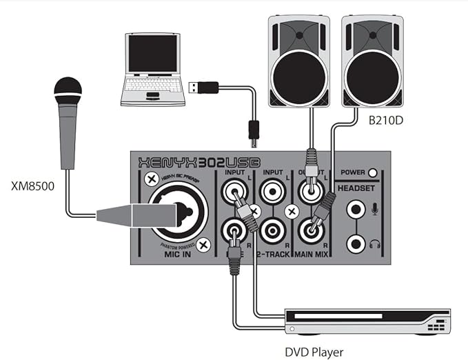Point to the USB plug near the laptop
pyautogui.click(x=203, y=88)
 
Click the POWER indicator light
pyautogui.click(x=373, y=173)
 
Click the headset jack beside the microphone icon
pyautogui.click(x=356, y=208)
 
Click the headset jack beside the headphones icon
pyautogui.click(x=356, y=241)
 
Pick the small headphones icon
pyautogui.click(x=376, y=243)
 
